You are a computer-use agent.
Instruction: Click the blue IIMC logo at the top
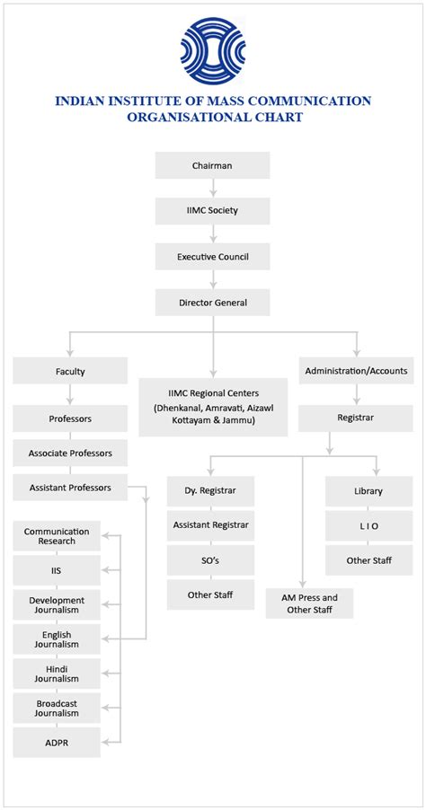coord(212,50)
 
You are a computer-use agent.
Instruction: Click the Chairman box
coord(212,165)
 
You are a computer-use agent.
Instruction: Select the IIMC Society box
coord(212,211)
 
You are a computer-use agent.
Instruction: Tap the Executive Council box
coord(212,257)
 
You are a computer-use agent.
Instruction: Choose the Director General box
coord(212,303)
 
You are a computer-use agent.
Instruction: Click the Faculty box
coord(70,370)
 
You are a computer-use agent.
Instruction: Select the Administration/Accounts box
coord(356,370)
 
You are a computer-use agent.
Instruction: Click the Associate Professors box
coord(70,453)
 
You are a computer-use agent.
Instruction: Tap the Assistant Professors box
coord(70,488)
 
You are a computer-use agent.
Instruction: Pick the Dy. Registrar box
coord(211,491)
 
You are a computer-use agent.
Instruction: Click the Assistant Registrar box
coord(211,524)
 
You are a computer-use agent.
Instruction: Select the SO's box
coord(211,559)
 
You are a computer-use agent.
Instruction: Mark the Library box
coord(368,491)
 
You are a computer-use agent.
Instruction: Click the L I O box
coord(368,524)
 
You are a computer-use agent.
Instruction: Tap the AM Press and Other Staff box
coord(310,603)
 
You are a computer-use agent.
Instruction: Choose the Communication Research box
coord(57,537)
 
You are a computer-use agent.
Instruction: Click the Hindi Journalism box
coord(57,674)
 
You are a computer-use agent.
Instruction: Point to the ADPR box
coord(57,742)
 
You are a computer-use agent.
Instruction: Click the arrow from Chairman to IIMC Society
coord(212,189)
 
